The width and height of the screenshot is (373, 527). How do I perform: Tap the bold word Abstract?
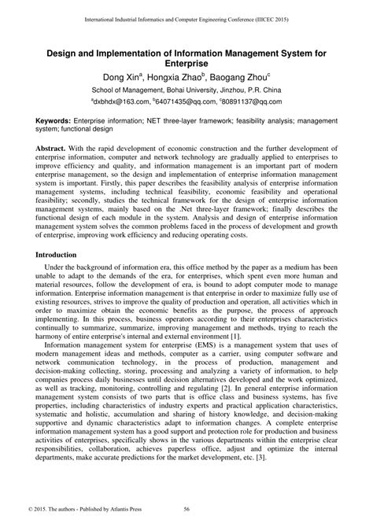coord(56,149)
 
